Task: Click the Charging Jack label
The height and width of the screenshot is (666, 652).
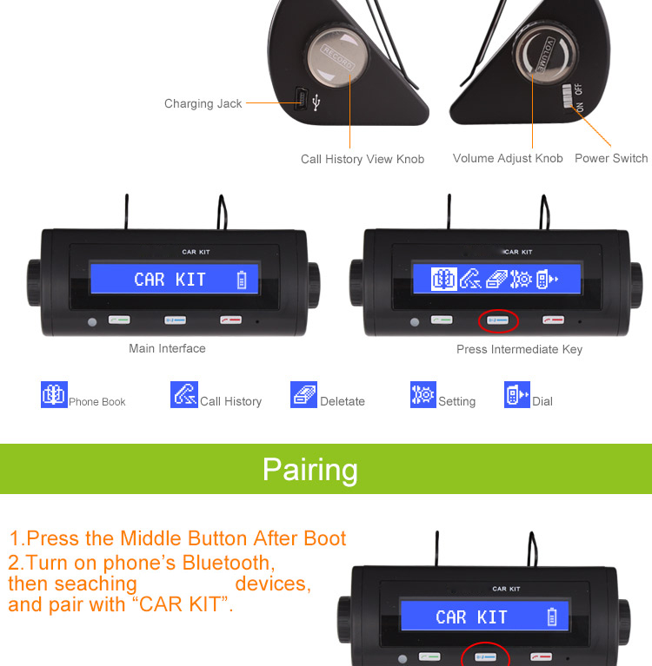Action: (203, 103)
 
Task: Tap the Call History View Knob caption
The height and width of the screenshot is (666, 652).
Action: (363, 159)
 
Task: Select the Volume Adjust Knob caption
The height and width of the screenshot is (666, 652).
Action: (508, 158)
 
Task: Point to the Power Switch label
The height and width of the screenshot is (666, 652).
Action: (611, 158)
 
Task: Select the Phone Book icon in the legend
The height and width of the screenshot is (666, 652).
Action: (54, 394)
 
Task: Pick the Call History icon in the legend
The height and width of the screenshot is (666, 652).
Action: (184, 394)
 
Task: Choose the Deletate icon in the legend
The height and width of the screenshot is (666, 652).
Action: (303, 394)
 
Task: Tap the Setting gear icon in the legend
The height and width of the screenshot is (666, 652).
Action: (422, 394)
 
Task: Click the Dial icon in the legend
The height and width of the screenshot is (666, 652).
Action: (516, 394)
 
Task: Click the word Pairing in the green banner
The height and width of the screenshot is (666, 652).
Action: (310, 470)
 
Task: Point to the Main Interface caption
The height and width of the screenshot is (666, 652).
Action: (167, 348)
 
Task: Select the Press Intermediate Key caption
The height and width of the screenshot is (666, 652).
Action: (519, 349)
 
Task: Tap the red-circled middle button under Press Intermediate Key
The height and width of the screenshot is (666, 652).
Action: (498, 320)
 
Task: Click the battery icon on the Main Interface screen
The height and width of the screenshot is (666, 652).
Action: (242, 280)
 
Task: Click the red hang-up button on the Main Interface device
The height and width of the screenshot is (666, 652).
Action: (230, 320)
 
